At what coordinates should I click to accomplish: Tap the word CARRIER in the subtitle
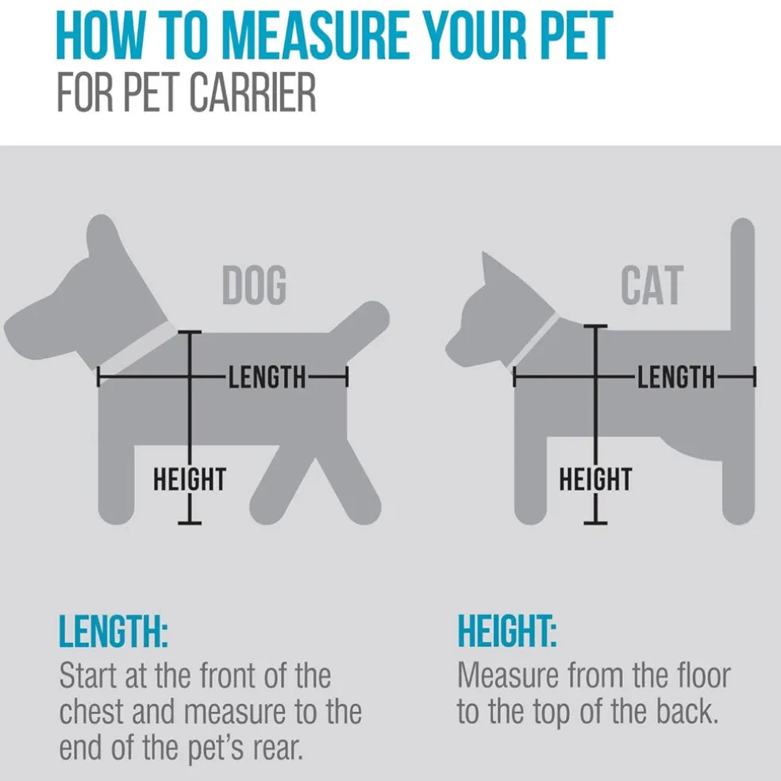253,93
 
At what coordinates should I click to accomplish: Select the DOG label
255,285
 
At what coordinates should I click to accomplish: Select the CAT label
652,285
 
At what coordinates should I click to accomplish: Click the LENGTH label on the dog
267,377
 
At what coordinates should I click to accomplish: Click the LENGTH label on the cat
676,377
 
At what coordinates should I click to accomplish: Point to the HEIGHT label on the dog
190,479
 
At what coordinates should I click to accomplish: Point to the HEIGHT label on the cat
596,479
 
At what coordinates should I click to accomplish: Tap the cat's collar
536,340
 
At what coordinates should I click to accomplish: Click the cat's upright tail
743,276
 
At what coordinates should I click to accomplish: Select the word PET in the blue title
579,36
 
